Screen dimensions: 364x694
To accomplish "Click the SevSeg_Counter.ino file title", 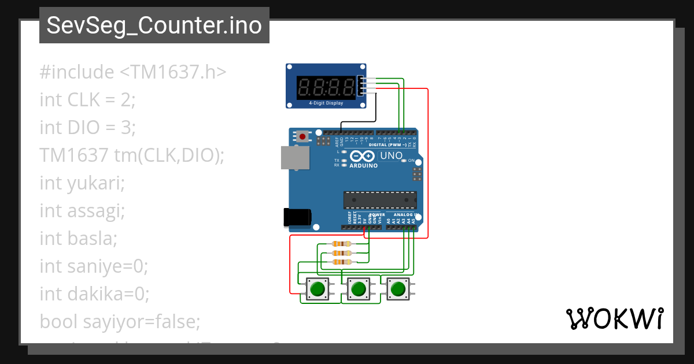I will coord(154,26).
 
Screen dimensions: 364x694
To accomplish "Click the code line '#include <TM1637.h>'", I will coord(133,72).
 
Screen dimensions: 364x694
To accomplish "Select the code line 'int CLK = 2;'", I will coord(87,100).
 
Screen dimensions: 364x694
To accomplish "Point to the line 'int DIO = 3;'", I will coord(88,127).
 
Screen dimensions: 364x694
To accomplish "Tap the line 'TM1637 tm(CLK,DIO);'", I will coord(132,155).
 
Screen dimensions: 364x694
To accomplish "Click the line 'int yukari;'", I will coord(82,183).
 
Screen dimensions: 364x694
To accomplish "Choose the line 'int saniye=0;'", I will coord(94,266).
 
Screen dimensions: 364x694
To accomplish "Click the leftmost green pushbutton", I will coord(317,288).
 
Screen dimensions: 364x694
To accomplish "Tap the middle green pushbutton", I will coord(359,288).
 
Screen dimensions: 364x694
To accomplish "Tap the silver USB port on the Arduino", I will coord(295,157).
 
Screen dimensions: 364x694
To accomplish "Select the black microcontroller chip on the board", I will coord(379,199).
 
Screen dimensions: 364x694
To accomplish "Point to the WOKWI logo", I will coord(615,318).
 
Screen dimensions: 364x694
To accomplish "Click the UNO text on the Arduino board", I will coord(392,156).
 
